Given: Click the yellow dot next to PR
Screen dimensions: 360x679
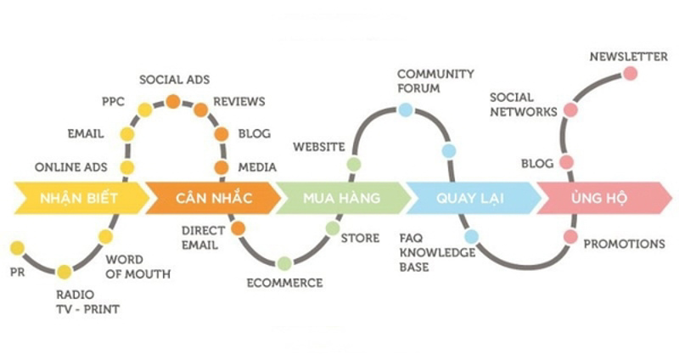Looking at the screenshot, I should (17, 248).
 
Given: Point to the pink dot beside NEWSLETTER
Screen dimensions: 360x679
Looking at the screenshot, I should (630, 73).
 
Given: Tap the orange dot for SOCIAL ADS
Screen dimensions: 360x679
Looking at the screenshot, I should (173, 101).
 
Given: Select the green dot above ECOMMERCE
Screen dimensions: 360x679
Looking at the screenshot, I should (284, 263).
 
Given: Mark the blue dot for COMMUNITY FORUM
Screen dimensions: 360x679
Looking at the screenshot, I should (406, 110).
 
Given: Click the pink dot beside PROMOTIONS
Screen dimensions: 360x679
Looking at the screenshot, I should (570, 236).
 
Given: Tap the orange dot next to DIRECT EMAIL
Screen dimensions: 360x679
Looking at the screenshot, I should (238, 228).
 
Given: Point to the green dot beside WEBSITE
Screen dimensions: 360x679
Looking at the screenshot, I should (354, 164).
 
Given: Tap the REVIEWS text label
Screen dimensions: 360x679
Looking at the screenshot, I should (238, 102).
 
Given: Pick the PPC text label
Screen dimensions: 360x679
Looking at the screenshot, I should (113, 102).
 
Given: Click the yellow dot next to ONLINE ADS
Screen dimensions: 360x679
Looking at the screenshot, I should (126, 167).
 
